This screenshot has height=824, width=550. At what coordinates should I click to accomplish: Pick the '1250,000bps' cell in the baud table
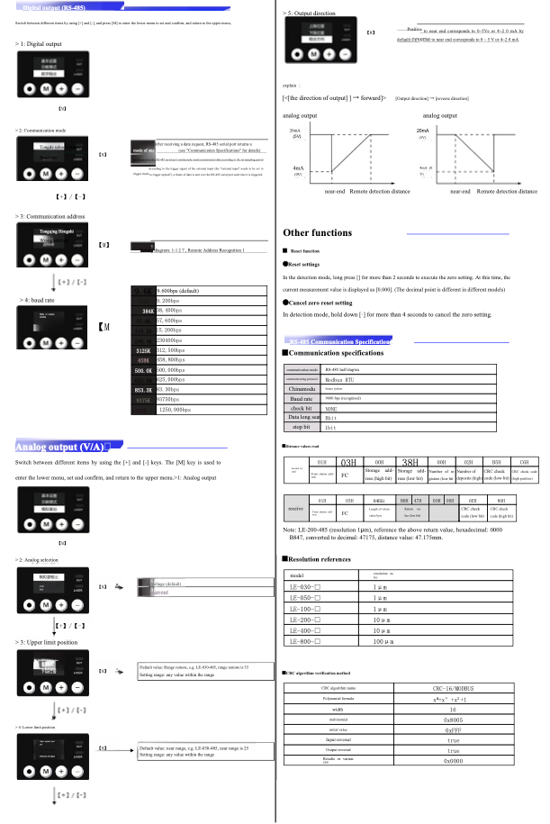180,384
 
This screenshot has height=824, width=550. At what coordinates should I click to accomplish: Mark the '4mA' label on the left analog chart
297,169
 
